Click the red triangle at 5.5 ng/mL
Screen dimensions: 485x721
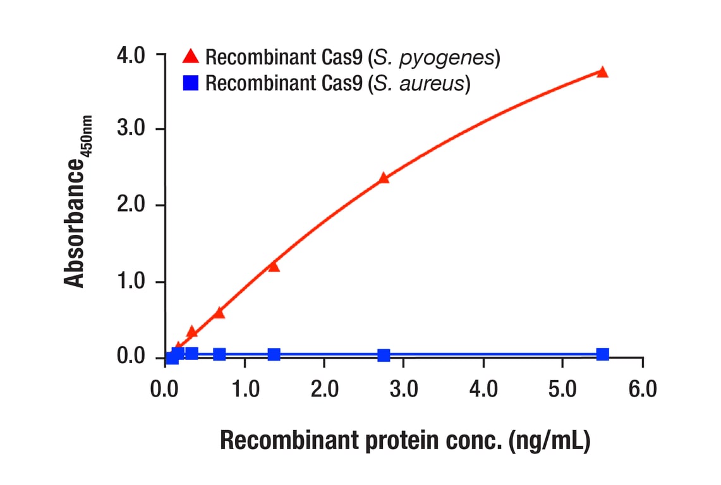click(602, 72)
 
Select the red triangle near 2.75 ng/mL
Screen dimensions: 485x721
click(384, 178)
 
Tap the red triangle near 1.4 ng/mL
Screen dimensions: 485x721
click(274, 266)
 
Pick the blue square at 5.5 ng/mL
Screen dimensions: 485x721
click(602, 354)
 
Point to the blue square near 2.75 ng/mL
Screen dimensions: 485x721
click(384, 356)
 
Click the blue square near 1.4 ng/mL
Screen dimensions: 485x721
click(274, 355)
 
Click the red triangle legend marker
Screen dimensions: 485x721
click(190, 57)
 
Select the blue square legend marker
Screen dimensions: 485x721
click(190, 83)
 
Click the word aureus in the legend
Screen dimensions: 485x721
click(437, 83)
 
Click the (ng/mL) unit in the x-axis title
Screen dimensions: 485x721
click(549, 441)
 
